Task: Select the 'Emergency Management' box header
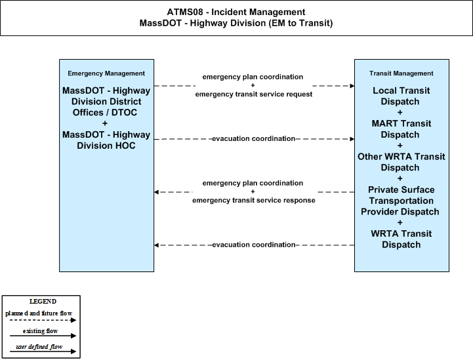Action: point(106,73)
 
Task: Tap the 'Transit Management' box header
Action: point(401,73)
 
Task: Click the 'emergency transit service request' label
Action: point(254,94)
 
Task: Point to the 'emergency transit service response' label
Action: point(254,200)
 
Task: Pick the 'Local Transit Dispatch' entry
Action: point(401,96)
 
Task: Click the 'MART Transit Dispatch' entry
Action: point(401,129)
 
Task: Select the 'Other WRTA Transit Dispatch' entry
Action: point(401,162)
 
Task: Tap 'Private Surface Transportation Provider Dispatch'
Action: point(401,201)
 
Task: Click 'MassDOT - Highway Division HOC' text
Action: point(106,140)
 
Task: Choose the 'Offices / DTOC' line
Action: point(105,113)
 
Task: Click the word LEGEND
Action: point(43,302)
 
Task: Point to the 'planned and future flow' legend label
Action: point(39,313)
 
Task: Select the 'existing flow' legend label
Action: point(40,331)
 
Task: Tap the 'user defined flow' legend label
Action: point(39,347)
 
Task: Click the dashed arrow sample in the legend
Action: point(43,320)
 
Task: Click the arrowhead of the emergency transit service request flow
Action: point(352,86)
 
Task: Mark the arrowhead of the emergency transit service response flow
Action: point(156,192)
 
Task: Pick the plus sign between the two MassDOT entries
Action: point(105,123)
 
